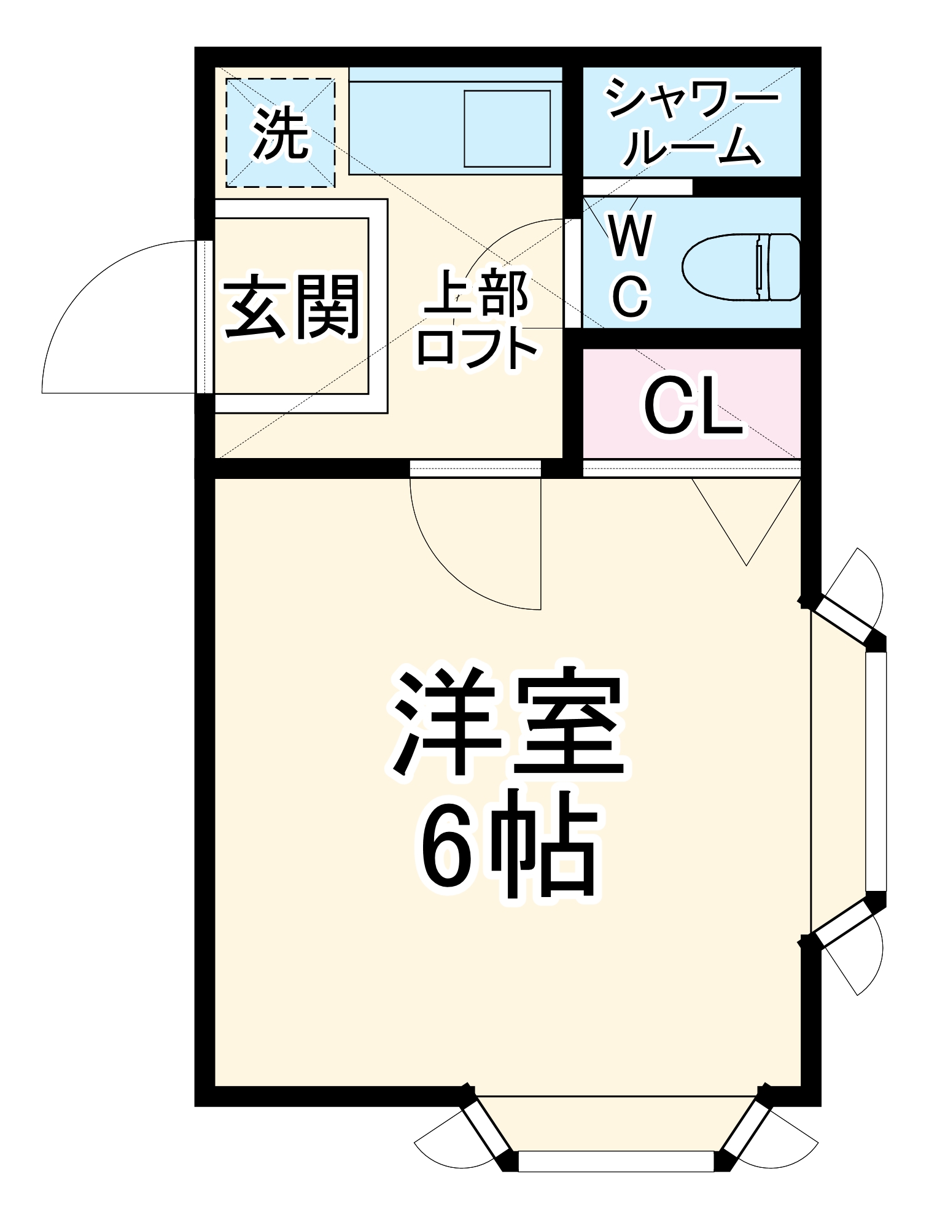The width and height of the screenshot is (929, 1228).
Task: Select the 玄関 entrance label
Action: coord(291,306)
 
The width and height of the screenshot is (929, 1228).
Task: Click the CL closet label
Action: coord(692,406)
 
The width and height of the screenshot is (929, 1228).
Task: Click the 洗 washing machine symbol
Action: coord(281,133)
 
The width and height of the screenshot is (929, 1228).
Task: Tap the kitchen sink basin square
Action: coord(507,129)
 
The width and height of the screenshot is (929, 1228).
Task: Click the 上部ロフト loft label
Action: coord(476,319)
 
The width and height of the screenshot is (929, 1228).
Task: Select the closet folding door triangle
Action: coord(746,522)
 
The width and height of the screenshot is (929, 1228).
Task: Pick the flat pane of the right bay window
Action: coord(876,771)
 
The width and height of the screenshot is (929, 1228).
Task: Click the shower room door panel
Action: coord(637,187)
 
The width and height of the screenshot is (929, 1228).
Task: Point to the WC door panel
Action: coord(572,273)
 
